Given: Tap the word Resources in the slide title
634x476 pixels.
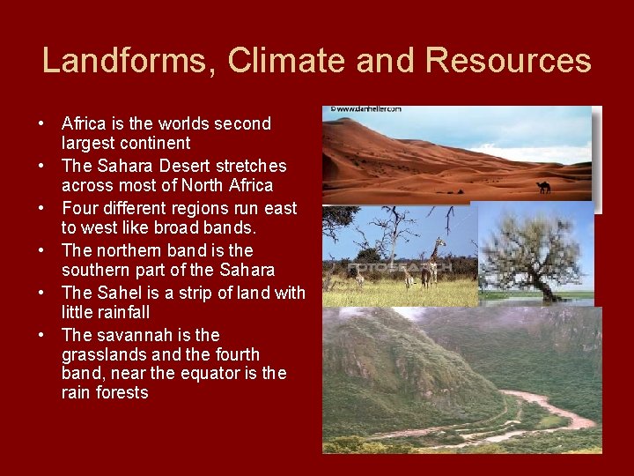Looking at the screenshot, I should pos(507,61).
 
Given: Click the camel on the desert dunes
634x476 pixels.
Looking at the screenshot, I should pos(544,187).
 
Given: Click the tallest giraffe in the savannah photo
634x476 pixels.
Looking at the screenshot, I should pos(431,263).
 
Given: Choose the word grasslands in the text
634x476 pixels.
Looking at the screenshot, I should pos(105,355).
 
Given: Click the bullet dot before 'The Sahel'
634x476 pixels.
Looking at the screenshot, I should pos(43,294).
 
